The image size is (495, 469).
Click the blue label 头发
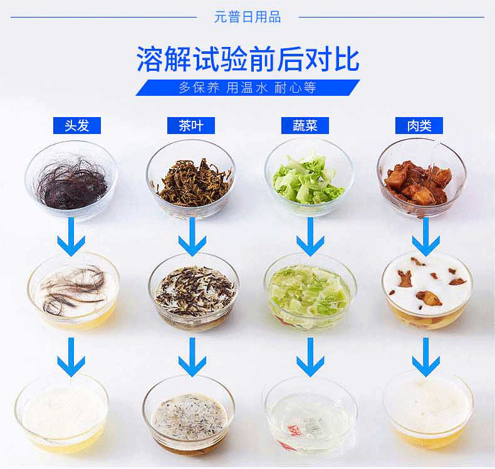click(x=76, y=125)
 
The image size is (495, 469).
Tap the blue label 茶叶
click(x=191, y=125)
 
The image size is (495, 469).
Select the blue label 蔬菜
click(x=305, y=125)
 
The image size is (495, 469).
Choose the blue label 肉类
click(x=419, y=125)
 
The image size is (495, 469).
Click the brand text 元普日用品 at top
click(x=247, y=17)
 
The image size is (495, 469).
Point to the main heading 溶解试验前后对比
click(x=248, y=59)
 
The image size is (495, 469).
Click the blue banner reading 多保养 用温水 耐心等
click(x=248, y=88)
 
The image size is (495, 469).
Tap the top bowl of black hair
click(x=71, y=180)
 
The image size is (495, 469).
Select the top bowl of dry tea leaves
click(x=190, y=179)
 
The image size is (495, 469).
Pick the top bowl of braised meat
click(x=422, y=178)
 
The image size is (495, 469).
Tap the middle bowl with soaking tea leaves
click(x=194, y=292)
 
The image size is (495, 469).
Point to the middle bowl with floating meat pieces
click(x=427, y=291)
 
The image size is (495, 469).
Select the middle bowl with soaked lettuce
click(x=310, y=292)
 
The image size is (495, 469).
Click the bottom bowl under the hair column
click(x=62, y=413)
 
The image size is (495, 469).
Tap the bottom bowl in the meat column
click(x=428, y=410)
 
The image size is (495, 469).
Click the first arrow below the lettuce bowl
click(x=310, y=237)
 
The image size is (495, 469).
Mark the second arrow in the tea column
click(x=192, y=357)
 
